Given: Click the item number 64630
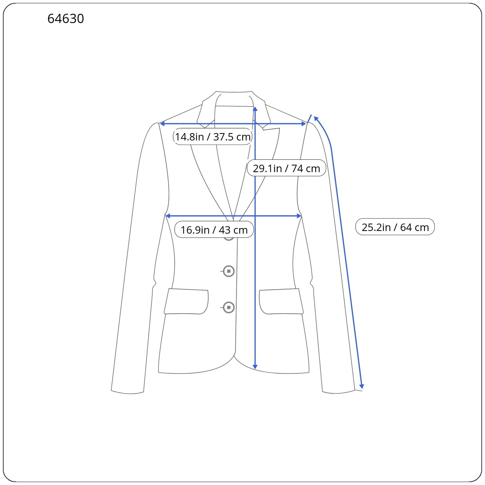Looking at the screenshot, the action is click(65, 19).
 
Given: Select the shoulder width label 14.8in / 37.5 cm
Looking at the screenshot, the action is click(213, 137).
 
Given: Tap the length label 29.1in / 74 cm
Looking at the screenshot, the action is click(286, 168).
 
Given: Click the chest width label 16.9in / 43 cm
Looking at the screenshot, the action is click(214, 230).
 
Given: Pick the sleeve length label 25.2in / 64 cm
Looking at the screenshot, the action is click(395, 227).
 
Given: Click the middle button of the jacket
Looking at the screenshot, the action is click(229, 271).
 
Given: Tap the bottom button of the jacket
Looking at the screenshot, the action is click(229, 307).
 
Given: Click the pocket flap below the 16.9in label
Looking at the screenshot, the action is click(186, 301).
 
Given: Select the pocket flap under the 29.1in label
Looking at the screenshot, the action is click(281, 301).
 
